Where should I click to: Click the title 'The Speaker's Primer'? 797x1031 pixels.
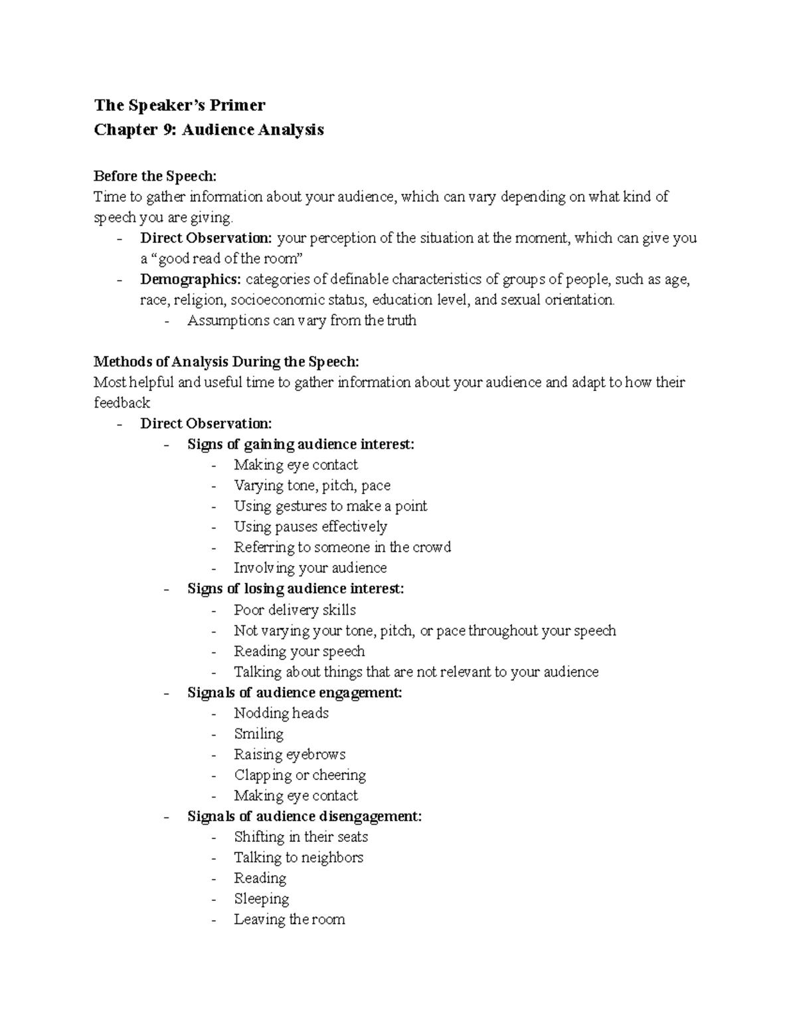179,106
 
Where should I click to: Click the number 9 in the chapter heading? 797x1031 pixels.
168,129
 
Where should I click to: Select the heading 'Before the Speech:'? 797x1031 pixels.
155,176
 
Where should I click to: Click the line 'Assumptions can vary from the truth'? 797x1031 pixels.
302,321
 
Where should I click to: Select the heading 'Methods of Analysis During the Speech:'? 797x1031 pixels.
226,362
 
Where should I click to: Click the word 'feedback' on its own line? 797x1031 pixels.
122,403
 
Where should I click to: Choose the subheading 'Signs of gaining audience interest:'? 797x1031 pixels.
300,444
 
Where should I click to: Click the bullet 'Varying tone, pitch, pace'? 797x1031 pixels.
312,485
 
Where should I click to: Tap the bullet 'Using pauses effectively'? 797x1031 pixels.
310,526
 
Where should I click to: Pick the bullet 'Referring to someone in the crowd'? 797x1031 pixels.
342,547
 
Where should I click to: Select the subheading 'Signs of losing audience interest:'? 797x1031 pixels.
296,589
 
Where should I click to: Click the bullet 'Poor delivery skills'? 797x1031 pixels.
295,610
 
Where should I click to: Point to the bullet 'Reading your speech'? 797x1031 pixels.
299,651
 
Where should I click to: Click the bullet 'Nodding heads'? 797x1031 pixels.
281,713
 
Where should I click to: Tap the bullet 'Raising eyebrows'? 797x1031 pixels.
290,754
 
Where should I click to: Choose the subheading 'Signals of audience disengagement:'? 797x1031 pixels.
304,817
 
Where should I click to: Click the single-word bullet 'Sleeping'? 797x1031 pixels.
261,899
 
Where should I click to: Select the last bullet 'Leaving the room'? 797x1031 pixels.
289,919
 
